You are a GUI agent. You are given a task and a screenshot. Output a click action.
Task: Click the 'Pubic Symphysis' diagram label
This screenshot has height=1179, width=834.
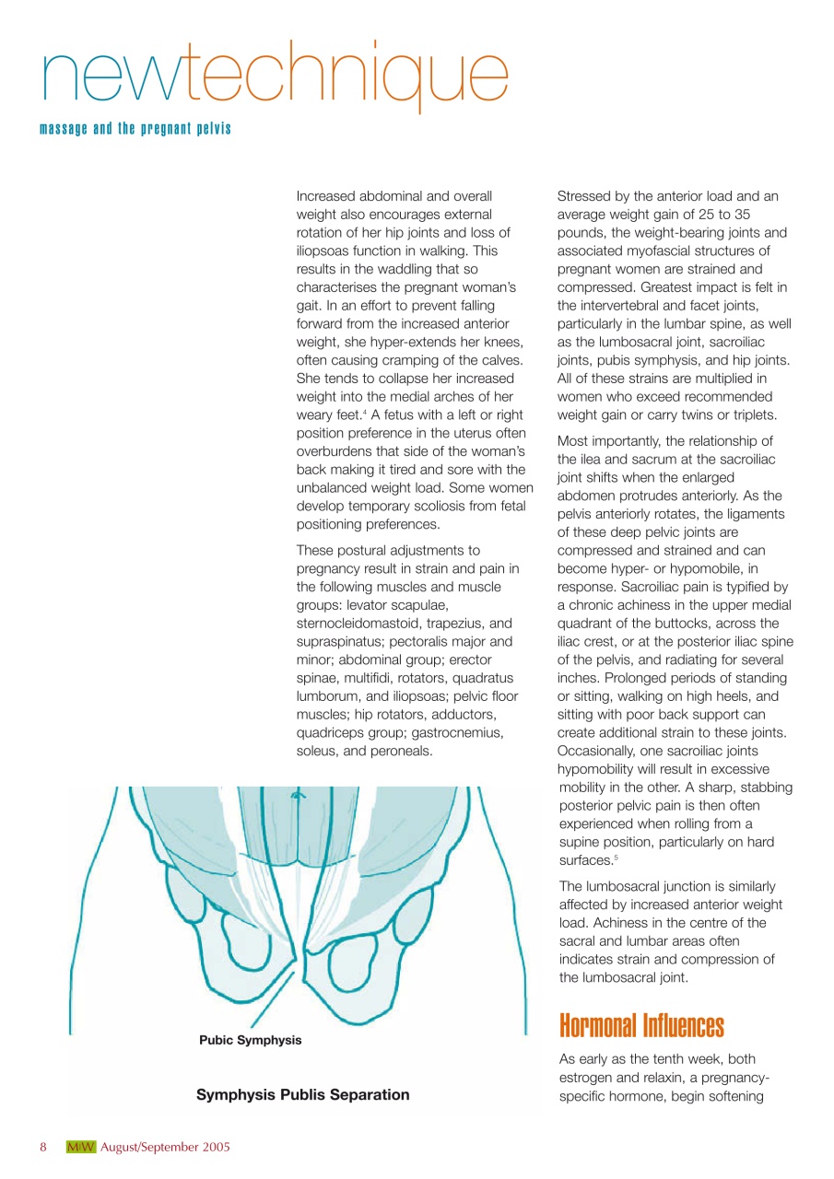[250, 1040]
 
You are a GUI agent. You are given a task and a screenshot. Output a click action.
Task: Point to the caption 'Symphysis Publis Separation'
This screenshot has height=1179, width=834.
[302, 1095]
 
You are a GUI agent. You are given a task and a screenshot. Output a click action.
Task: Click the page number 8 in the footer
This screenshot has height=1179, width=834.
[43, 1148]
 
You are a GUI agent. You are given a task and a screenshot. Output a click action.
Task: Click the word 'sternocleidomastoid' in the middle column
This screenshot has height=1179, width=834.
[356, 622]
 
